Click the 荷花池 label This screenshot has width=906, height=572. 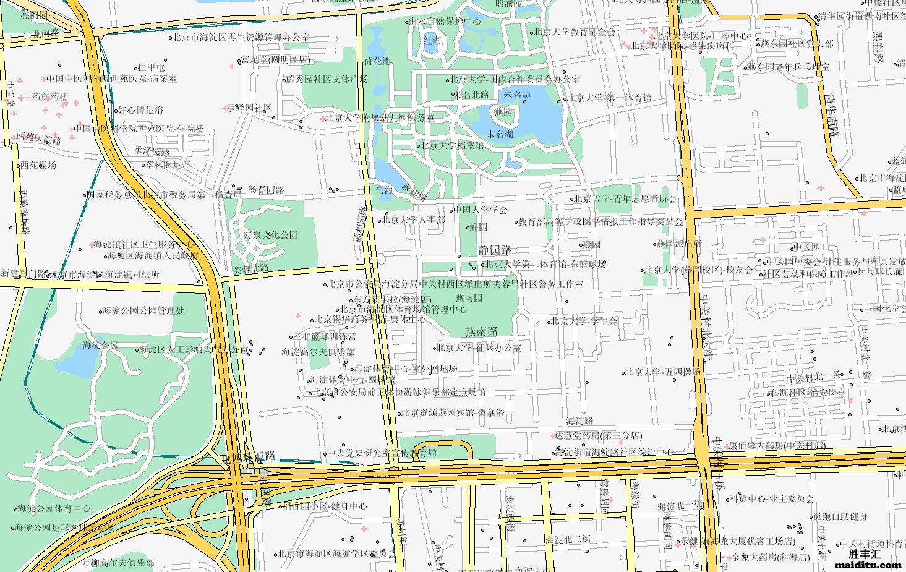377,61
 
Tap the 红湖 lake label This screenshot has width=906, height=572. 432,41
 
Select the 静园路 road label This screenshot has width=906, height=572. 495,250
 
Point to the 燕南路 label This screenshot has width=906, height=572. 482,331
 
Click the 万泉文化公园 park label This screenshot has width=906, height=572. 270,235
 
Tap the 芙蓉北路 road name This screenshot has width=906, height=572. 250,269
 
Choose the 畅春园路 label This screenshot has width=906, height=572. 266,190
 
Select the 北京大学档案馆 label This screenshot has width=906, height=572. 453,146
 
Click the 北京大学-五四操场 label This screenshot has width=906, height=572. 663,372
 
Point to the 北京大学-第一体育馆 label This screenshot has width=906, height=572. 609,98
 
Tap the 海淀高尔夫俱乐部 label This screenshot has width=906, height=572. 318,352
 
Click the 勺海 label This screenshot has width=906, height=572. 384,190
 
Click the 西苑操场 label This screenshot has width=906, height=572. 38,165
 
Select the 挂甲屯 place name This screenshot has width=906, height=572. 151,67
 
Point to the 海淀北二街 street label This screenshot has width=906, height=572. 567,540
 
